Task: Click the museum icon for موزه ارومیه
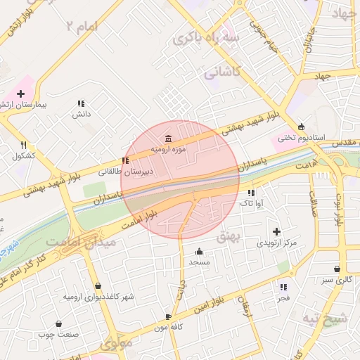(167, 138)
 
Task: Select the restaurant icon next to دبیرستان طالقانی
(125, 160)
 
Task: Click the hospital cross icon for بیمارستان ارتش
(21, 94)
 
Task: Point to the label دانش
(82, 114)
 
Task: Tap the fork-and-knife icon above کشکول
(24, 145)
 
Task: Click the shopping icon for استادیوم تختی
(302, 127)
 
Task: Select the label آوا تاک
(251, 202)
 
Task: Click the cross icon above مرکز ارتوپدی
(276, 231)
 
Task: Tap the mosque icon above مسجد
(199, 252)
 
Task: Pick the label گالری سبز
(337, 280)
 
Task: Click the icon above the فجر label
(283, 287)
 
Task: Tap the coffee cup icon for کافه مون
(168, 317)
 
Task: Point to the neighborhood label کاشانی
(222, 72)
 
